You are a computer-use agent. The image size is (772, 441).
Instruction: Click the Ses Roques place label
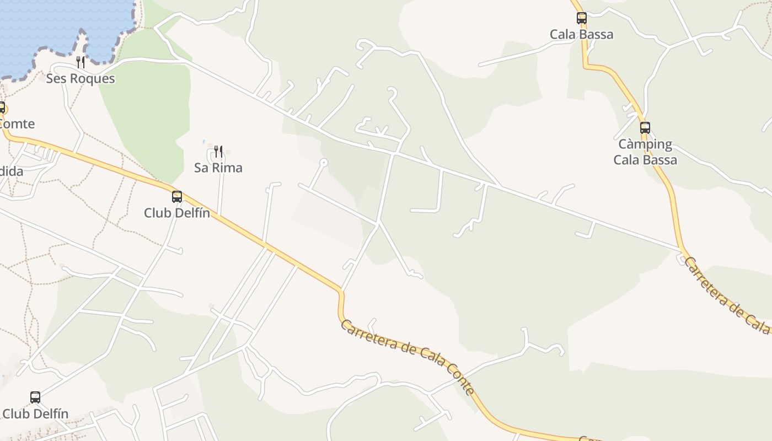pyautogui.click(x=81, y=78)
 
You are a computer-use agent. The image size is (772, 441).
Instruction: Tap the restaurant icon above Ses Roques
pyautogui.click(x=81, y=62)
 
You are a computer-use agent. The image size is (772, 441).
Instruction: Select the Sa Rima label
pyautogui.click(x=218, y=168)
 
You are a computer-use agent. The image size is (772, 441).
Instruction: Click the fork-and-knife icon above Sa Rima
pyautogui.click(x=218, y=151)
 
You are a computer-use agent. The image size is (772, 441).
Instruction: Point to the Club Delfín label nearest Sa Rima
pyautogui.click(x=177, y=213)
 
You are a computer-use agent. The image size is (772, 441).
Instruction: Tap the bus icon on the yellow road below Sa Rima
pyautogui.click(x=177, y=197)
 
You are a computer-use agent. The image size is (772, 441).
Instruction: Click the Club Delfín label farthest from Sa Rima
pyautogui.click(x=35, y=413)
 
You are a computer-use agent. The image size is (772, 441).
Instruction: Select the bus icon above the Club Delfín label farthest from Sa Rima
pyautogui.click(x=35, y=397)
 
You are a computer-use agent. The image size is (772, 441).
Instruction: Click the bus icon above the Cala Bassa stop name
pyautogui.click(x=582, y=18)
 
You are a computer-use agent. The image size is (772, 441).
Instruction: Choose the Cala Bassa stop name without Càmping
pyautogui.click(x=581, y=34)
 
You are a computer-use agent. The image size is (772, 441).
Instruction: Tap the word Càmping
pyautogui.click(x=645, y=144)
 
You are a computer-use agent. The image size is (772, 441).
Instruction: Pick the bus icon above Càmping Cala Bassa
pyautogui.click(x=645, y=128)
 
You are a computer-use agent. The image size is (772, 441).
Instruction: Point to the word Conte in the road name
pyautogui.click(x=461, y=379)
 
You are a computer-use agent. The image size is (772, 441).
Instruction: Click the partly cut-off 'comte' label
pyautogui.click(x=17, y=124)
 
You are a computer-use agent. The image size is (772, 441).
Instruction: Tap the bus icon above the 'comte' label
pyautogui.click(x=2, y=107)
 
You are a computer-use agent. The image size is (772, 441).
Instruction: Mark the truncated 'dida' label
pyautogui.click(x=11, y=171)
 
